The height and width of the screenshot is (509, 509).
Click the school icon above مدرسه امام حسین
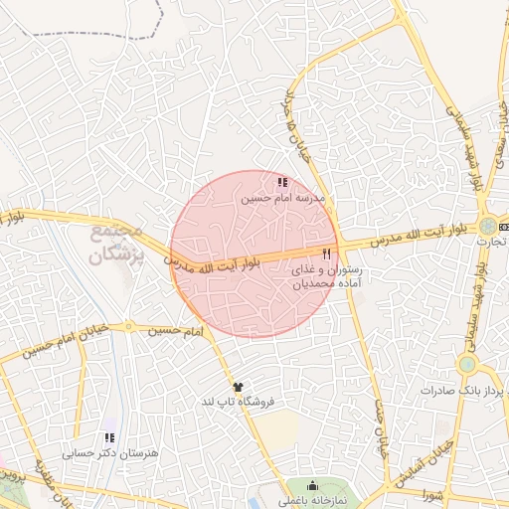click(283, 183)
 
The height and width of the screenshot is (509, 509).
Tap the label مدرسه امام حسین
click(283, 199)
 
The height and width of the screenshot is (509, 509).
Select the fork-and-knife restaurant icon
click(326, 253)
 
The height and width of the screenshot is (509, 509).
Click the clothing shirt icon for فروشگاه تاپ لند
click(237, 386)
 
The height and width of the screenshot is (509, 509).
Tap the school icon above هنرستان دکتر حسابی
click(109, 436)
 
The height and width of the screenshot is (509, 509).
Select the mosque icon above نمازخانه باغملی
click(312, 486)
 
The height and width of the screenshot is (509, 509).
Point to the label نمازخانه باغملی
click(312, 501)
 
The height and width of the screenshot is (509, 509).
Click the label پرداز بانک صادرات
click(470, 390)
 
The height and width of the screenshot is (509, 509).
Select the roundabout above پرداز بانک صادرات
click(466, 365)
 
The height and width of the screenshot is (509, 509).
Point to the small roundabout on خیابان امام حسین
click(128, 325)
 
